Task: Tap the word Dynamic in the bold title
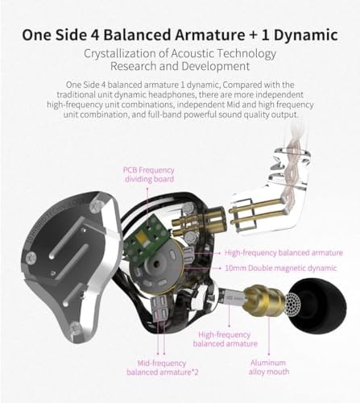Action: coord(306,35)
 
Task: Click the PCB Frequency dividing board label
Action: coord(149,175)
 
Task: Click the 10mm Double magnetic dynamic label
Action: coord(281,268)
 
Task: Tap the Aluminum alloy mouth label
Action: coord(269,368)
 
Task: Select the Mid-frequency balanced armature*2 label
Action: coord(162,368)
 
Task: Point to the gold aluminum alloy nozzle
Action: coord(265,300)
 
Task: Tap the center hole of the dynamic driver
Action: coord(156,264)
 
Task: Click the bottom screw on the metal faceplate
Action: coord(76,329)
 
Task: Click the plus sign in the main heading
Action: coord(253,35)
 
